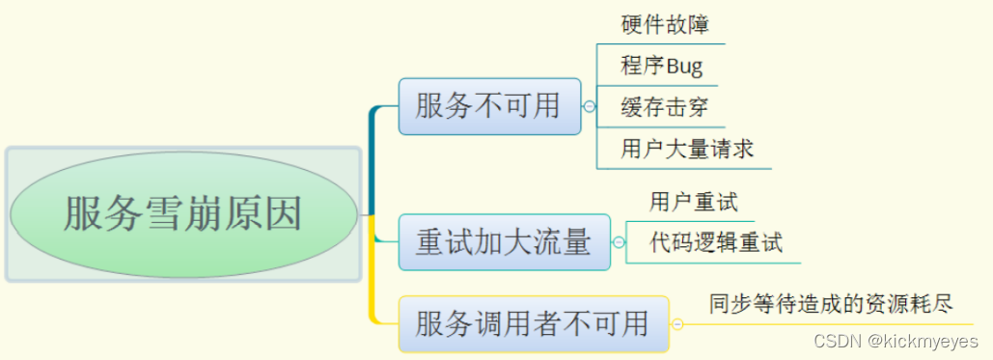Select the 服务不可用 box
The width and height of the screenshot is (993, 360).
[489, 106]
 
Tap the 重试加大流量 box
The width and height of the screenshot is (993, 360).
[504, 241]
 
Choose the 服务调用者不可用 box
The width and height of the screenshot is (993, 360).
[533, 323]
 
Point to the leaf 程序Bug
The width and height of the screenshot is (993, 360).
[662, 67]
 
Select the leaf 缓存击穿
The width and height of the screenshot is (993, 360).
[659, 107]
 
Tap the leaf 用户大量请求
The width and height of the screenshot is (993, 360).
[687, 150]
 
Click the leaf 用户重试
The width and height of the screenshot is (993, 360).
[694, 202]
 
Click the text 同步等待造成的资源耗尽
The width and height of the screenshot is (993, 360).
[831, 305]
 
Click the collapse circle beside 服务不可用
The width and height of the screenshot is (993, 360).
[590, 107]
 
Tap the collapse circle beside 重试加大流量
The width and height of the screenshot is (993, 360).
[619, 242]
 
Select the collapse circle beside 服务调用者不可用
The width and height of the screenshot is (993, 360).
[677, 324]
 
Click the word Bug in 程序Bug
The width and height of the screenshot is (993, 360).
[682, 67]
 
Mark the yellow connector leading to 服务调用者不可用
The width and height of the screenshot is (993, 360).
[372, 280]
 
